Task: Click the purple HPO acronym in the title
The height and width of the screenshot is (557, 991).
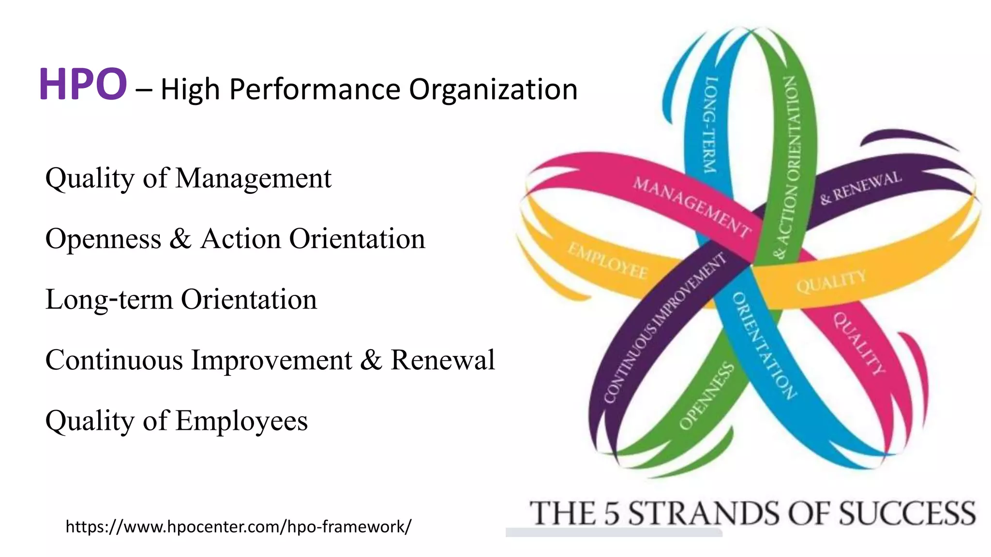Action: click(83, 85)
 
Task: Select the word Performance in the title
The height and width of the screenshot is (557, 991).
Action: click(315, 89)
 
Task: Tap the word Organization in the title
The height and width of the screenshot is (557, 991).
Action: click(493, 89)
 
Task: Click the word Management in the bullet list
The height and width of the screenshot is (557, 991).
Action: click(253, 178)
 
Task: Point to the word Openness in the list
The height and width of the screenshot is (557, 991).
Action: click(103, 239)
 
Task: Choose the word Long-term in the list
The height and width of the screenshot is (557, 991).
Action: click(109, 299)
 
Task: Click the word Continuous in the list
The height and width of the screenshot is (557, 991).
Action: click(114, 360)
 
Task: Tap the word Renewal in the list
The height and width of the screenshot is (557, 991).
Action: click(443, 360)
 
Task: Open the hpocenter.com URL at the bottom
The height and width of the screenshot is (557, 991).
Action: click(239, 526)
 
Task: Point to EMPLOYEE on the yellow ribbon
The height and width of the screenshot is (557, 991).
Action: click(608, 261)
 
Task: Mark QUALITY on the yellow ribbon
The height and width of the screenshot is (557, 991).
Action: click(831, 281)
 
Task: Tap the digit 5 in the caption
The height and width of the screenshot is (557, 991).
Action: click(612, 513)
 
